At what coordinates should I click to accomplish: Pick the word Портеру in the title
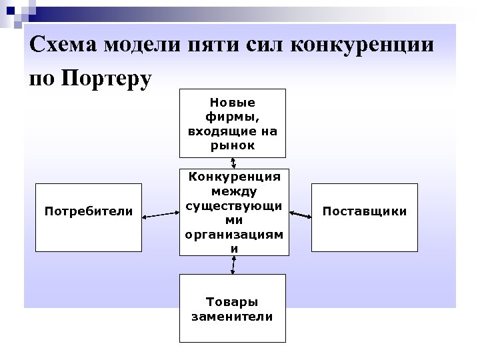pos(107,78)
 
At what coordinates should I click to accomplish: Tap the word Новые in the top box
pos(232,103)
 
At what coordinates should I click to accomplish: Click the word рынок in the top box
pos(232,145)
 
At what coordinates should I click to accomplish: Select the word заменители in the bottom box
pos(232,317)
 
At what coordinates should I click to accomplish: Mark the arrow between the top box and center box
pos(233,162)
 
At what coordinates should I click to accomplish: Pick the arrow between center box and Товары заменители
pos(233,265)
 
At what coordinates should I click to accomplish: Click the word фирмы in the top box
pos(232,117)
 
